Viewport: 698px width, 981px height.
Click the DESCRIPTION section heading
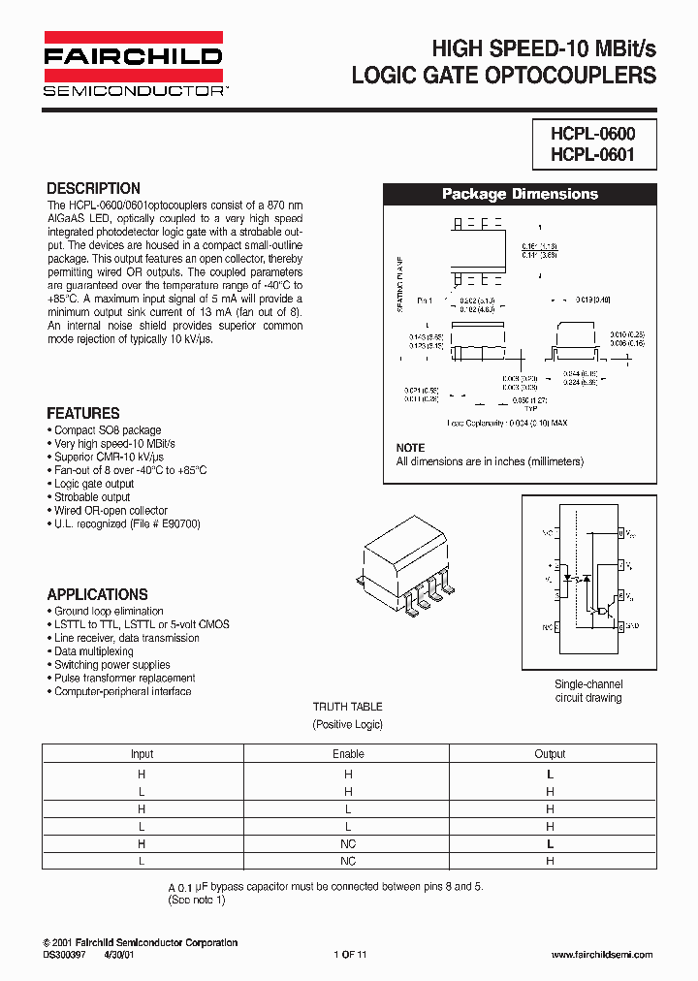pyautogui.click(x=94, y=188)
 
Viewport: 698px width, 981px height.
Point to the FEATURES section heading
pyautogui.click(x=83, y=413)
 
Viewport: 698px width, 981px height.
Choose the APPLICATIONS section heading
pyautogui.click(x=98, y=594)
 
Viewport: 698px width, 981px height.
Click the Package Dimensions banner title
pyautogui.click(x=520, y=194)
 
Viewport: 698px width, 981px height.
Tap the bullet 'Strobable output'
pyautogui.click(x=90, y=497)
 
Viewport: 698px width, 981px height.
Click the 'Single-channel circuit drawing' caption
pyautogui.click(x=587, y=690)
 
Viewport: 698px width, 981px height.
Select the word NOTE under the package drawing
pyautogui.click(x=410, y=448)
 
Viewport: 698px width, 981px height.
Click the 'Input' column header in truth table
pyautogui.click(x=142, y=754)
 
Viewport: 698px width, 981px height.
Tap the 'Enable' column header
pyautogui.click(x=348, y=754)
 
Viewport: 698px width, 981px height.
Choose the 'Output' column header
pyautogui.click(x=550, y=754)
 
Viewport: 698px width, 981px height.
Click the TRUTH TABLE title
pyautogui.click(x=347, y=708)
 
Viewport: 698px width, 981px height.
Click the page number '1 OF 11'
pyautogui.click(x=350, y=956)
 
